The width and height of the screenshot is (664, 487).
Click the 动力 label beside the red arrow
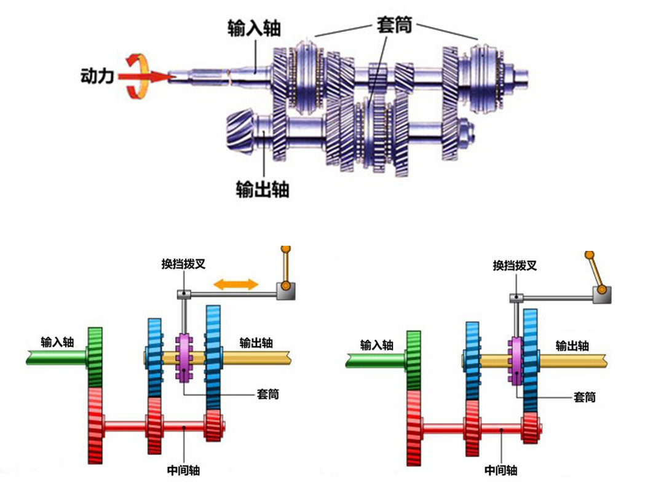[98, 76]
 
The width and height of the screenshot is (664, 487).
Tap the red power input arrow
[144, 77]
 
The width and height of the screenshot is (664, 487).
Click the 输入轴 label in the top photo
[254, 28]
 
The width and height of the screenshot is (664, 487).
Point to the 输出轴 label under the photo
[262, 189]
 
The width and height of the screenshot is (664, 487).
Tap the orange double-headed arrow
[235, 284]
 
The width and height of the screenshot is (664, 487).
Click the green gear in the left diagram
[95, 357]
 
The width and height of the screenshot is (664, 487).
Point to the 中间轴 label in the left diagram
[183, 470]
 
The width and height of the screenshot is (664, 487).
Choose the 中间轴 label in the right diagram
[500, 470]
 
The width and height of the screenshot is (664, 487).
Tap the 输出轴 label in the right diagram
[572, 346]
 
